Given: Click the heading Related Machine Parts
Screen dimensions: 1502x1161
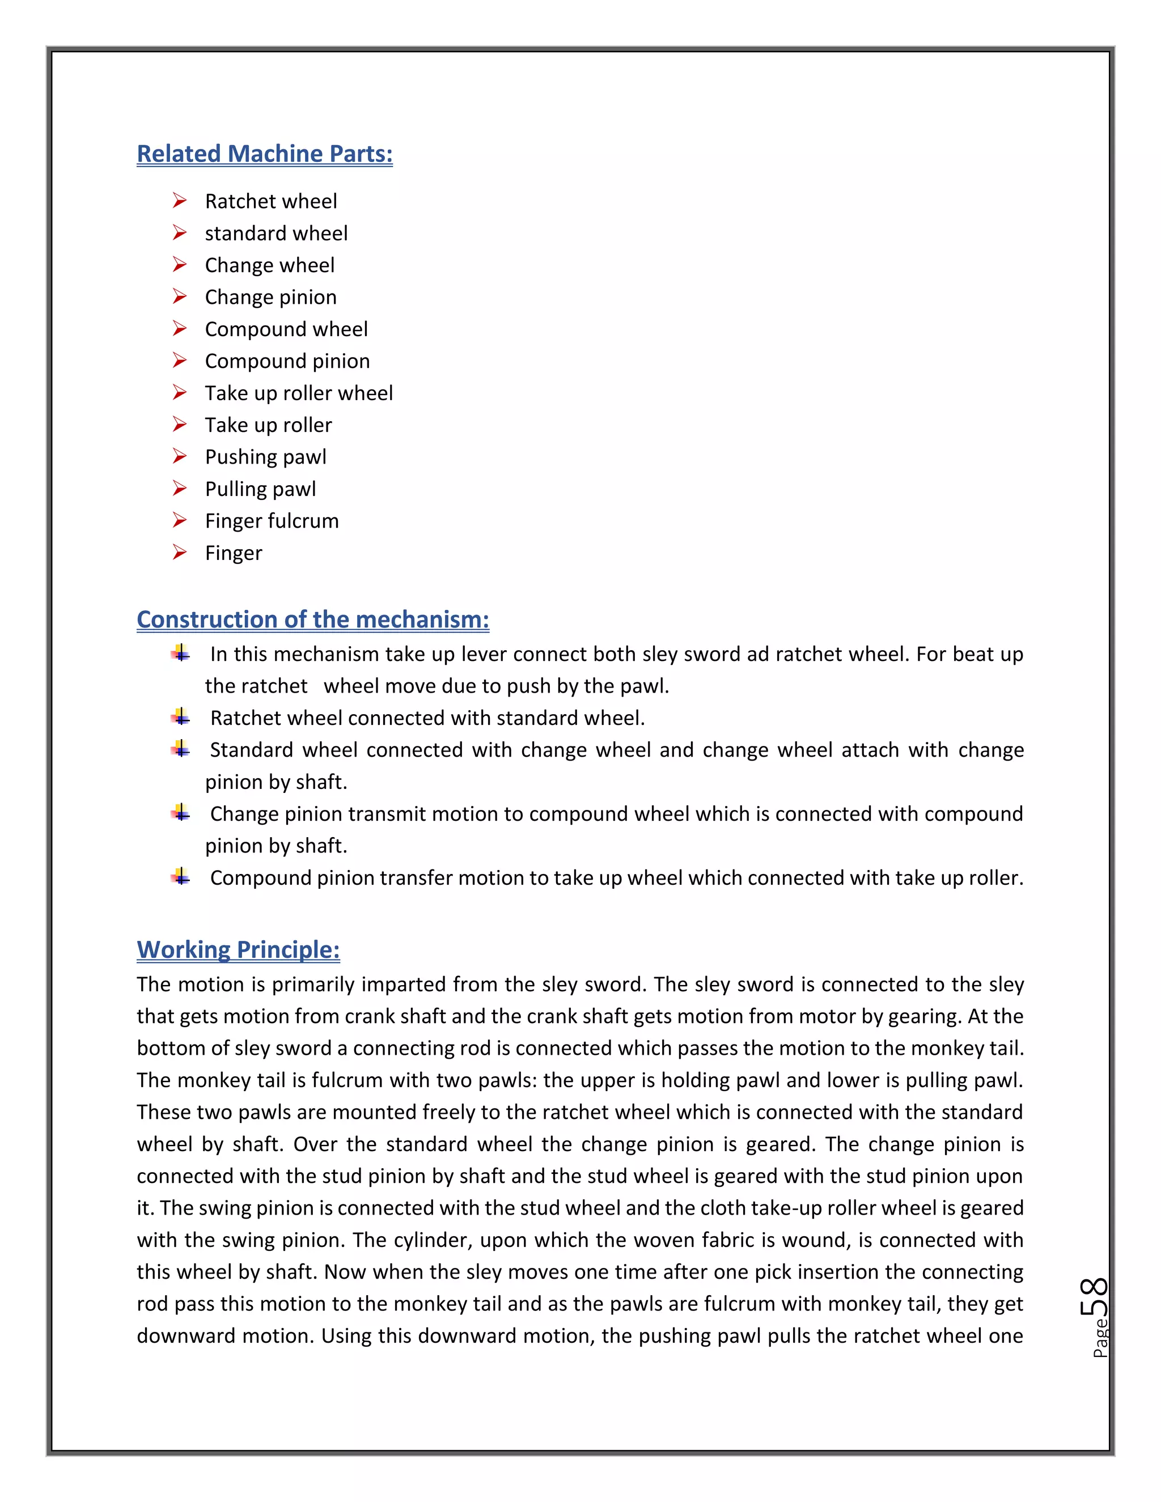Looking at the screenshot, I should click(264, 154).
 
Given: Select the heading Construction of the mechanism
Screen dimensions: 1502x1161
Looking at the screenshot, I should click(312, 619).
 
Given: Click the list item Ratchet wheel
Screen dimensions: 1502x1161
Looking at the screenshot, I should click(270, 202).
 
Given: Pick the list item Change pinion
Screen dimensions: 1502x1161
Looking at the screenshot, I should click(270, 297).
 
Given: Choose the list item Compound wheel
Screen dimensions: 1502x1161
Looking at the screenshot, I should click(286, 329).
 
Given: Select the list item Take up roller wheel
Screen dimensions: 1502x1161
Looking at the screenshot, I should click(299, 393).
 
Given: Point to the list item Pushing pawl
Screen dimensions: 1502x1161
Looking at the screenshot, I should click(265, 457).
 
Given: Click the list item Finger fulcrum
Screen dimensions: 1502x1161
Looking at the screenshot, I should click(272, 521).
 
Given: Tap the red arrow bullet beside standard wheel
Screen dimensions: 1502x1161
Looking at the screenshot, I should click(180, 233).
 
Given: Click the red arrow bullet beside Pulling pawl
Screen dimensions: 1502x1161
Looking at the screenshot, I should click(180, 489).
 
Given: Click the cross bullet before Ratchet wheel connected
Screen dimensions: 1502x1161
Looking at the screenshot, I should click(181, 718).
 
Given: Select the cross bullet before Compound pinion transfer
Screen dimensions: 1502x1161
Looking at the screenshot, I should click(181, 877).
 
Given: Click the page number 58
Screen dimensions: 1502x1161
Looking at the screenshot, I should click(1094, 1296).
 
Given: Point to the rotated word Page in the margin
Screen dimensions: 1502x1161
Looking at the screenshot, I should click(1100, 1338).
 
